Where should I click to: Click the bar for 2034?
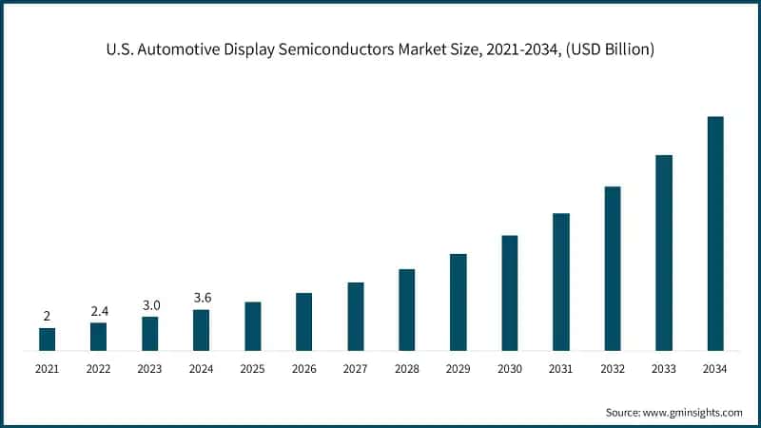point(715,233)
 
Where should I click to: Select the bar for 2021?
point(47,340)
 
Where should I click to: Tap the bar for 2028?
point(406,310)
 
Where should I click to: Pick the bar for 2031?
point(561,282)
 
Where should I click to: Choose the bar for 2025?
point(252,326)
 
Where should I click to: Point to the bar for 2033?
point(664,253)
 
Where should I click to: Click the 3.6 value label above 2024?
point(201,298)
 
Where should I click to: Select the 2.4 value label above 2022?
point(98,311)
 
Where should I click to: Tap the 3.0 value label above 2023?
point(149,305)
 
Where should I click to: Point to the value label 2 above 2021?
point(47,316)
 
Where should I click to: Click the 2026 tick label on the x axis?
point(303,368)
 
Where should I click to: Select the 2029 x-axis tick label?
point(458,368)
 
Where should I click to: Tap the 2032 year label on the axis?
point(613,368)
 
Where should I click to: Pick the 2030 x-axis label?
point(509,368)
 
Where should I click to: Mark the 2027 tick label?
point(355,368)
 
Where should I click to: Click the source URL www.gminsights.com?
point(693,412)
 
